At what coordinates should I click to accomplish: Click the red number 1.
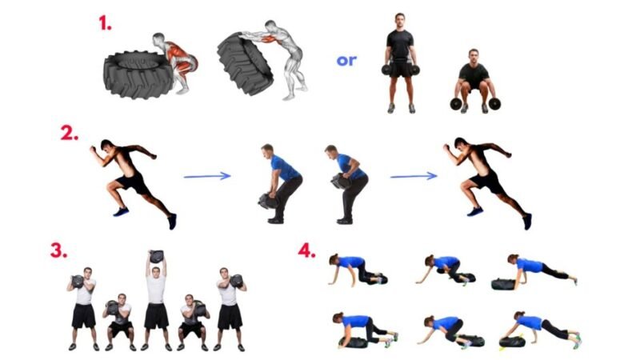click(x=105, y=23)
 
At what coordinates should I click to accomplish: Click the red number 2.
click(x=69, y=133)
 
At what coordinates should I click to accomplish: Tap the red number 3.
click(x=58, y=250)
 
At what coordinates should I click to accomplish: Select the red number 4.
click(x=307, y=250)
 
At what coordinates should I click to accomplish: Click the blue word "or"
click(x=346, y=61)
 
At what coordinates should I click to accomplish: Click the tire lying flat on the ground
click(x=138, y=74)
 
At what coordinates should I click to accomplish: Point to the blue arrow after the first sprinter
click(x=207, y=176)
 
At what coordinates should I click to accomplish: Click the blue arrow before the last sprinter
click(x=414, y=176)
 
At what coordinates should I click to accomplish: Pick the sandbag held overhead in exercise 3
click(x=156, y=257)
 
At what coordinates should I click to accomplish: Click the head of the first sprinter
click(x=106, y=146)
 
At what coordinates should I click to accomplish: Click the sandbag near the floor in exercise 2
click(x=267, y=202)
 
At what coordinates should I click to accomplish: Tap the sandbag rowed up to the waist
click(x=341, y=182)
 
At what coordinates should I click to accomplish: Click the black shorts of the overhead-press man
click(x=156, y=316)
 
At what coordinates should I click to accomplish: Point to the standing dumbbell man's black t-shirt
click(x=400, y=45)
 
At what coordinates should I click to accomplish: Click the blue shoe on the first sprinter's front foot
click(x=122, y=211)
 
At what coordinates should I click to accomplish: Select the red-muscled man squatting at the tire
click(x=176, y=63)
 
